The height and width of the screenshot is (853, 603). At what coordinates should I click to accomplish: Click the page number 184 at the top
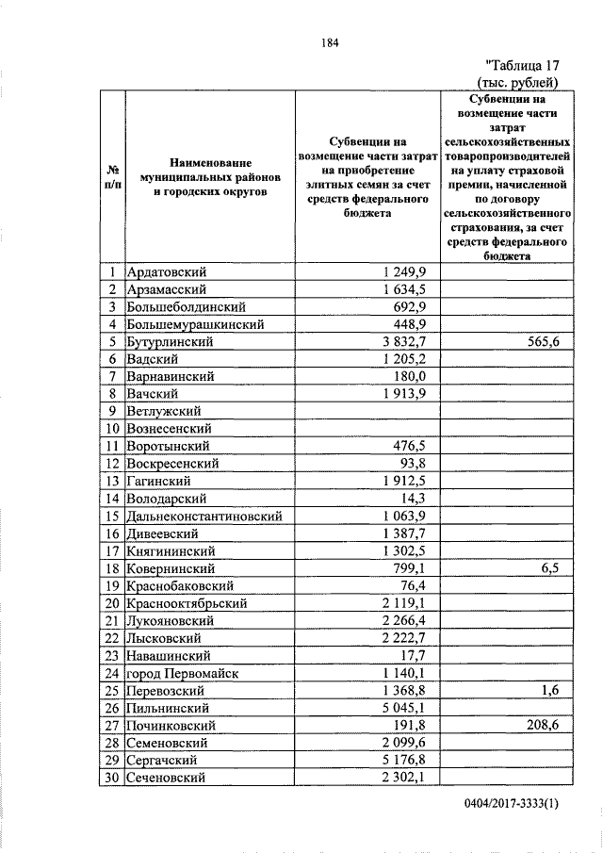pos(330,42)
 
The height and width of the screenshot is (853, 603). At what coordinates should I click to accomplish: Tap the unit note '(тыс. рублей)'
pos(525,82)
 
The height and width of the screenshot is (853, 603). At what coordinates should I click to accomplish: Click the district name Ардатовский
pos(167,271)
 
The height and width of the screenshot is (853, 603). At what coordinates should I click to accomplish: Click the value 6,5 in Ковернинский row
pos(550,568)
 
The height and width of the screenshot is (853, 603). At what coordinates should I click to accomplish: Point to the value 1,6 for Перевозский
pos(550,690)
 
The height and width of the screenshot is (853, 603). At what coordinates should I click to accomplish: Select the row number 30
pos(111,778)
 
